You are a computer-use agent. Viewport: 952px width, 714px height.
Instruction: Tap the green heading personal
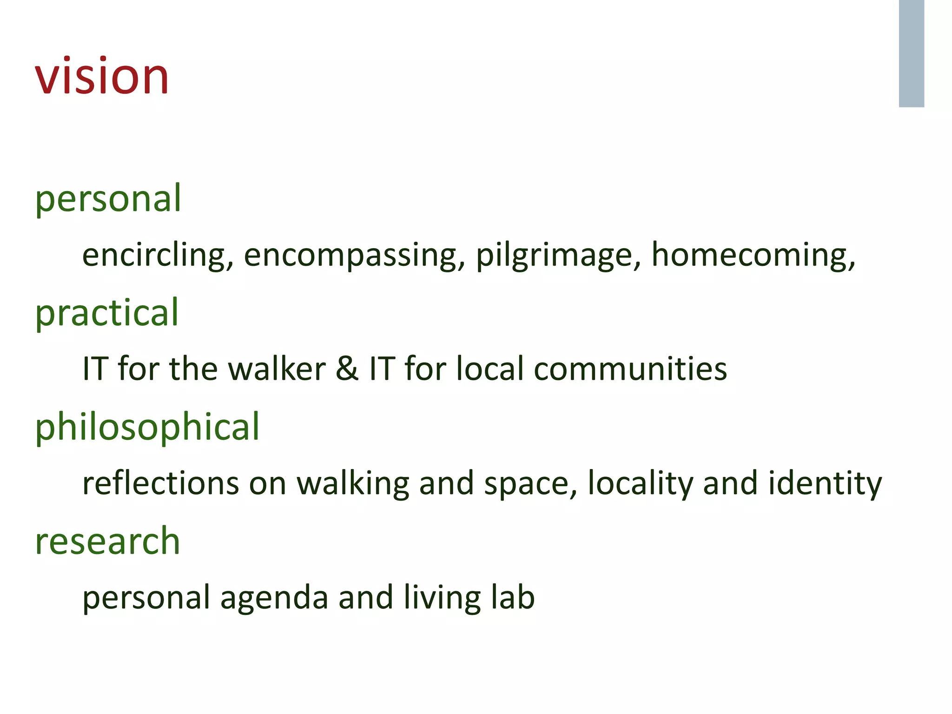pos(108,198)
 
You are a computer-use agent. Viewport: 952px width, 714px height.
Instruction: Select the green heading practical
pos(107,313)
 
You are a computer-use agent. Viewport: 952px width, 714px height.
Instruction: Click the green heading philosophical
pos(147,427)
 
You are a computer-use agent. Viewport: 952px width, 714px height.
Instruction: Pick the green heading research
pos(107,541)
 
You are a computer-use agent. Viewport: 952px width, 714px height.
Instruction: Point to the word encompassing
pos(354,255)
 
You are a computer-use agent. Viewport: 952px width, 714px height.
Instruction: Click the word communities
pos(630,369)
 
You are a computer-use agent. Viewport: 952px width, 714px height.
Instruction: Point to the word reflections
pos(160,483)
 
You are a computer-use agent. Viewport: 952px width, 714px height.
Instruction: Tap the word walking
pos(353,483)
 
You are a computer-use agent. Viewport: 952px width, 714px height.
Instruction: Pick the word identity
pos(825,483)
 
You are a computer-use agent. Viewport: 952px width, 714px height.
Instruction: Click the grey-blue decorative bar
pos(911,53)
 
